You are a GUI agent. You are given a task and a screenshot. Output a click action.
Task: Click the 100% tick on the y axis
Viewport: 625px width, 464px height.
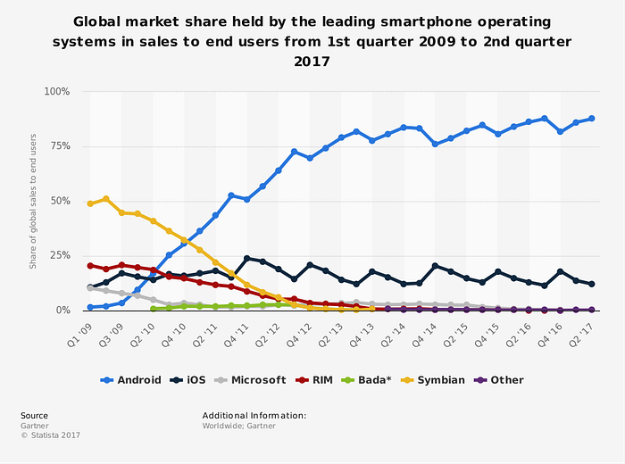click(x=57, y=92)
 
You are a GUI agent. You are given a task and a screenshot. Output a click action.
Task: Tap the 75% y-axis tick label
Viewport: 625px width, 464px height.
click(x=60, y=146)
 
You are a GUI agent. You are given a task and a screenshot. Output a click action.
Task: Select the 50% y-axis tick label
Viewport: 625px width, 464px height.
click(x=60, y=201)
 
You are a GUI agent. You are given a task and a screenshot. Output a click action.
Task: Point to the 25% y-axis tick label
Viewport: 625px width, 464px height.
click(x=60, y=255)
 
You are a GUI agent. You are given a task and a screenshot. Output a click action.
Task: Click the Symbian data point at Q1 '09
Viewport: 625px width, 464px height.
click(x=90, y=203)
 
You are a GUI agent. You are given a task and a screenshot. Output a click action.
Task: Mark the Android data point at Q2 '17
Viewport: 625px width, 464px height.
click(x=592, y=119)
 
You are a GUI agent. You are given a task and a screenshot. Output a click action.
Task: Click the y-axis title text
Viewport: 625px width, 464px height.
click(x=33, y=201)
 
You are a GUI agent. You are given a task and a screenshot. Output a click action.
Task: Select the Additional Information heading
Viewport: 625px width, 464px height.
click(x=254, y=416)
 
